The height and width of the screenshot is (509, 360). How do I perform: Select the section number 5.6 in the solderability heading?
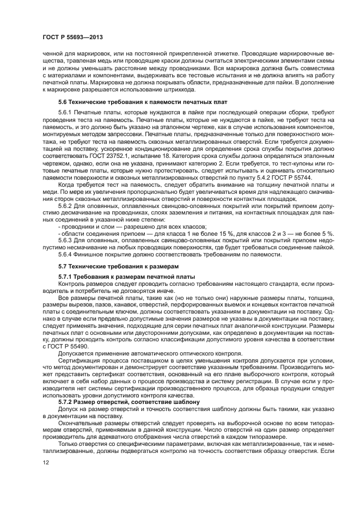pyautogui.click(x=63, y=102)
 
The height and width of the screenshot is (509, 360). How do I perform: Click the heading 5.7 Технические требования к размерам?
pyautogui.click(x=118, y=267)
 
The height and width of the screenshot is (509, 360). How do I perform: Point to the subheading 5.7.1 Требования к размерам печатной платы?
pyautogui.click(x=126, y=277)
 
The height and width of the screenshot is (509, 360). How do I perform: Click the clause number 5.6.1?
pyautogui.click(x=65, y=112)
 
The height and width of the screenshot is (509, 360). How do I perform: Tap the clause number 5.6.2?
pyautogui.click(x=65, y=207)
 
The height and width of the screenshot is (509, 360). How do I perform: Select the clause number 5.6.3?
pyautogui.click(x=65, y=241)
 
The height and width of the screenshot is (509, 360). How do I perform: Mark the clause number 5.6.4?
pyautogui.click(x=65, y=254)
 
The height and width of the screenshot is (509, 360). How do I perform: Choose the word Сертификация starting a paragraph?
pyautogui.click(x=77, y=360)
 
